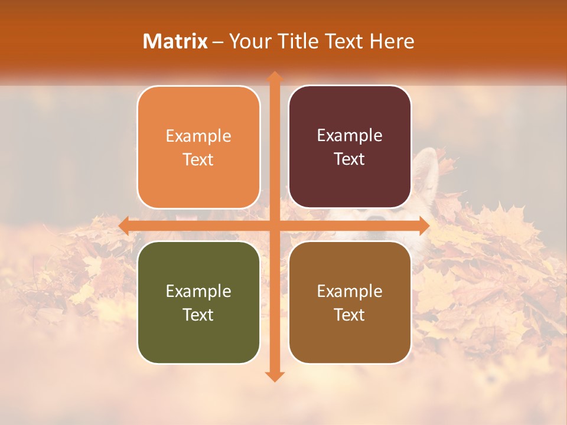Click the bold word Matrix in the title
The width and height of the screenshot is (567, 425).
point(175,41)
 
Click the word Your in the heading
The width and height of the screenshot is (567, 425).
point(248,41)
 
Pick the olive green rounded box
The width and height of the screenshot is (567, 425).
point(198,336)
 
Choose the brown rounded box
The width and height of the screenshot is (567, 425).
point(350,336)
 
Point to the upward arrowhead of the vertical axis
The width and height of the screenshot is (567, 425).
point(274,77)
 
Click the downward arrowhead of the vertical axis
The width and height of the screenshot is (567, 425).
point(274,376)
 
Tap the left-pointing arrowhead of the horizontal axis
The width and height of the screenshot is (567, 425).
point(125,225)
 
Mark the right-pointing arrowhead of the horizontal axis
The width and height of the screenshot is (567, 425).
point(423,225)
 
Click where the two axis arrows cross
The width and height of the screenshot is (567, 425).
point(274,225)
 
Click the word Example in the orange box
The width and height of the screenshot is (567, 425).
point(198,136)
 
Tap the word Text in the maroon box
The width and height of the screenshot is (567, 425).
point(349,159)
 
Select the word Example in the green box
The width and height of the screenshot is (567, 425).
point(198,292)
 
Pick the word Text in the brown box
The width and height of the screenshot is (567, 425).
point(349,315)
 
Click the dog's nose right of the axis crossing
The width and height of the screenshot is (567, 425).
point(376,219)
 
